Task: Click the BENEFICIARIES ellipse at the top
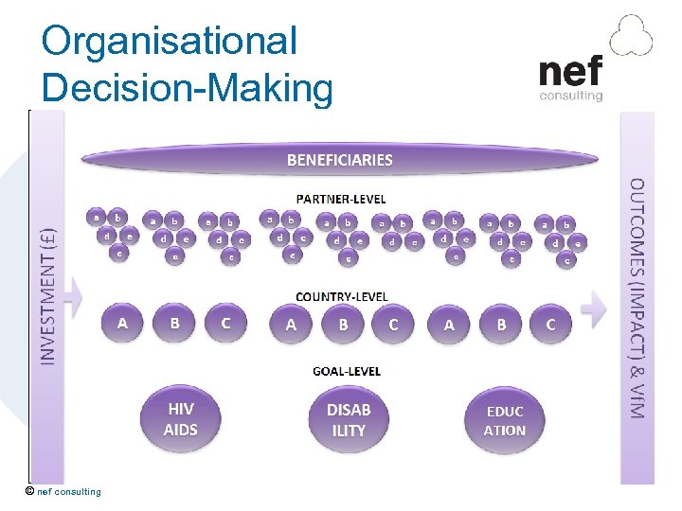339,159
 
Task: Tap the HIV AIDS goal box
181,419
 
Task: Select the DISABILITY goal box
348,419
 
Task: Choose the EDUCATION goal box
504,420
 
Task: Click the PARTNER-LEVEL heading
341,199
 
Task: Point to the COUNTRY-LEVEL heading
341,297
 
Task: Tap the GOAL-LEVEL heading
346,371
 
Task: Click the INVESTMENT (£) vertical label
48,293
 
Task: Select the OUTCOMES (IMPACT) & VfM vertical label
637,298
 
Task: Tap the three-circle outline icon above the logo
631,37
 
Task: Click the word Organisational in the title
170,41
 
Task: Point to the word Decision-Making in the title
188,88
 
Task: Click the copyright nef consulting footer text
63,491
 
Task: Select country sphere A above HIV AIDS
122,324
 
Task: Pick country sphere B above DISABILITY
343,324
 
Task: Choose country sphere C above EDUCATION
550,325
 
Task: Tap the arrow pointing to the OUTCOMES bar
594,305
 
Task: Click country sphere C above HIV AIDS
225,324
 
